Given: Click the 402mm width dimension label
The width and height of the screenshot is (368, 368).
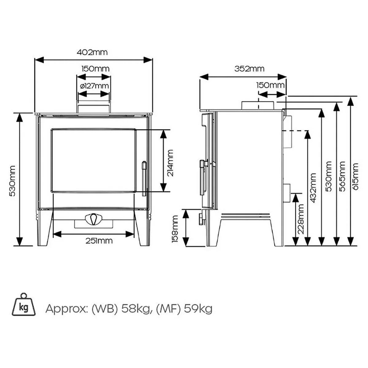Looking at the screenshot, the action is [x=92, y=52].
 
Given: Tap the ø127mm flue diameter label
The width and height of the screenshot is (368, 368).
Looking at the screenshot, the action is [x=94, y=86].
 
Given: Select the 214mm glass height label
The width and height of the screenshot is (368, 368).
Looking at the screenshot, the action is [x=170, y=163].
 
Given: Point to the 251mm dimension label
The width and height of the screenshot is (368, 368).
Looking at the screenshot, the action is [x=99, y=241].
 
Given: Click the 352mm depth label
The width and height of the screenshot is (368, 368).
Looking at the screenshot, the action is [x=249, y=69].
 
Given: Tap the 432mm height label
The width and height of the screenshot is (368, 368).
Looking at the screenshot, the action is [x=313, y=188].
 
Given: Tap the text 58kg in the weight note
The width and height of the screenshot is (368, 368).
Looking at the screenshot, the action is [x=136, y=309].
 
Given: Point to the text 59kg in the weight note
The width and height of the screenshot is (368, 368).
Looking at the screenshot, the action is [x=198, y=309].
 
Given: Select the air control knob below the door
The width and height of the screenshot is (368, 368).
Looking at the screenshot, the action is [x=94, y=219].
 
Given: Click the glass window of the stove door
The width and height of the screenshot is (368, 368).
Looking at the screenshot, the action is [x=94, y=160].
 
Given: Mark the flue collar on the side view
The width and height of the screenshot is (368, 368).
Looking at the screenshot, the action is [x=258, y=105].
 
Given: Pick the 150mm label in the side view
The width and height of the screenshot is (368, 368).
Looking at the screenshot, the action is [x=270, y=85].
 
